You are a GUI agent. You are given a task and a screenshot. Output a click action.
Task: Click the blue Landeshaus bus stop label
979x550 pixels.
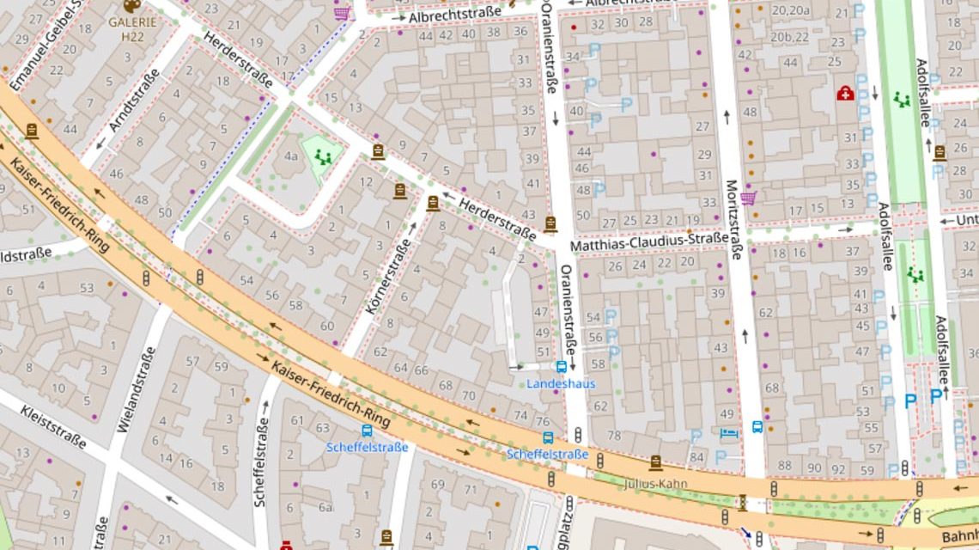(x=561, y=383)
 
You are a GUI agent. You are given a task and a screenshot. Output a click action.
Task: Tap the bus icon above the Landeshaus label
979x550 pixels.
(x=561, y=367)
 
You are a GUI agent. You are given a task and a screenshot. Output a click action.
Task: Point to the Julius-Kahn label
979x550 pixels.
(x=656, y=483)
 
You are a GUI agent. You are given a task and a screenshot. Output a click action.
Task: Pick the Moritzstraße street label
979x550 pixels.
(x=733, y=219)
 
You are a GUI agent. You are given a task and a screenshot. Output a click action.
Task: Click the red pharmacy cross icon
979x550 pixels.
(x=845, y=93)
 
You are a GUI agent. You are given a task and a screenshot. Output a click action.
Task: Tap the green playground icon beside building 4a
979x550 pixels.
(x=323, y=156)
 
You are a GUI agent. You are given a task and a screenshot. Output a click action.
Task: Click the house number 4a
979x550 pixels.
(x=291, y=156)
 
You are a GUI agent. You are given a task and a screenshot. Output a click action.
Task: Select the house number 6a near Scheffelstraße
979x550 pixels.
(x=325, y=507)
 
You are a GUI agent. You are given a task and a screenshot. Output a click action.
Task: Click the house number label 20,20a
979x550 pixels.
(x=790, y=10)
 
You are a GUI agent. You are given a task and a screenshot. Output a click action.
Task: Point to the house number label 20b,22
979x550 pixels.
(x=789, y=37)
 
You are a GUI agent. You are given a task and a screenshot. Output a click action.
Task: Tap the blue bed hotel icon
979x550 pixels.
(x=729, y=432)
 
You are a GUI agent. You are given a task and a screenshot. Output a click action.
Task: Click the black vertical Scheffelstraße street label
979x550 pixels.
(x=261, y=460)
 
